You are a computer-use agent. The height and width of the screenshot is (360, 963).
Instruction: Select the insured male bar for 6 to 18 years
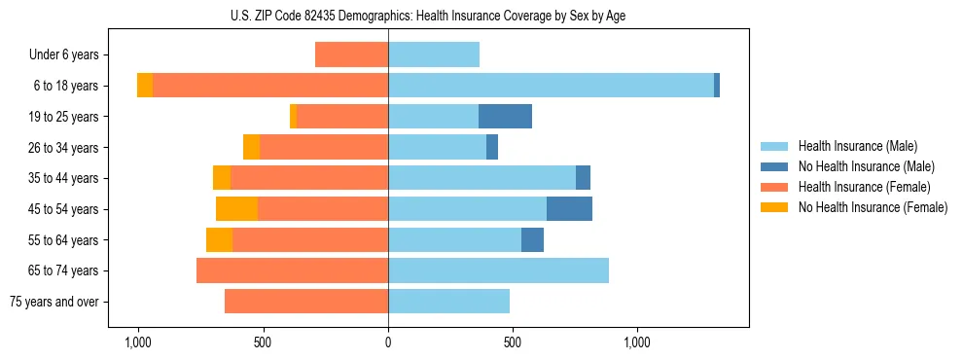click(x=551, y=86)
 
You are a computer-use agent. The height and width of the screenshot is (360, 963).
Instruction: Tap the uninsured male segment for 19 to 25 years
click(x=505, y=117)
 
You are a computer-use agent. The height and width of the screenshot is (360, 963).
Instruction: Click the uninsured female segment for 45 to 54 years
click(x=236, y=208)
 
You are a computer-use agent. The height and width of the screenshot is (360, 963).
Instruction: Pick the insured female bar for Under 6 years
click(x=351, y=54)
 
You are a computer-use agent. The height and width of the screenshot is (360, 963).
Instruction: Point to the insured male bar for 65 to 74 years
click(x=498, y=270)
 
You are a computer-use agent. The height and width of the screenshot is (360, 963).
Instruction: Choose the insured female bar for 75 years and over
click(x=306, y=302)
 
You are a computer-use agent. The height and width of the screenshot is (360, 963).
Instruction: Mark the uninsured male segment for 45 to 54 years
click(x=569, y=208)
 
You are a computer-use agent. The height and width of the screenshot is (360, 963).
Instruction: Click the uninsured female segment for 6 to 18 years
click(x=145, y=86)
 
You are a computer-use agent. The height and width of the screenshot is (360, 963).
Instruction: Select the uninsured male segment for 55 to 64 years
click(x=532, y=239)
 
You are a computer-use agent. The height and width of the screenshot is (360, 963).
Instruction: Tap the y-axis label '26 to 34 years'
click(x=63, y=148)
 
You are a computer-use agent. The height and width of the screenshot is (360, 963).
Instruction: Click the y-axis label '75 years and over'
click(x=54, y=302)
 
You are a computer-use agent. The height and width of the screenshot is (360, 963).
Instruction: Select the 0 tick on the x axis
click(x=388, y=342)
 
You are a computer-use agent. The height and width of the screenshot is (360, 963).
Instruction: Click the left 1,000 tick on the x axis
click(x=138, y=342)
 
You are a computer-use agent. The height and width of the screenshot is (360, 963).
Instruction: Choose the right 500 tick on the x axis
click(x=513, y=342)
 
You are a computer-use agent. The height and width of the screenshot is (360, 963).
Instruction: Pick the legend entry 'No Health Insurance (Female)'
click(x=873, y=207)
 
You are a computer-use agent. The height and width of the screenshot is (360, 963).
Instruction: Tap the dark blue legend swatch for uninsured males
click(x=774, y=166)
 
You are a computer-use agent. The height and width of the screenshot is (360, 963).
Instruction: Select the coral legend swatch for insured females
click(x=774, y=187)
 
